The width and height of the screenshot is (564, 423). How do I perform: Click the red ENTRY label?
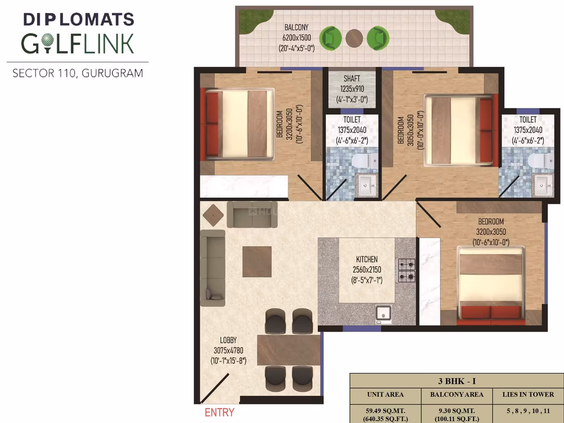point(219,412)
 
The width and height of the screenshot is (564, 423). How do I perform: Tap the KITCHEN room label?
point(367,259)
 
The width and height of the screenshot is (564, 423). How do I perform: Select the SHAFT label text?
point(352,78)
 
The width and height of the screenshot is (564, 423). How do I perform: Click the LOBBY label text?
point(228,340)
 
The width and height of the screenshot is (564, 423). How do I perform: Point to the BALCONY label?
point(297,27)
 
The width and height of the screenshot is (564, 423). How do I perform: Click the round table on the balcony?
point(354,38)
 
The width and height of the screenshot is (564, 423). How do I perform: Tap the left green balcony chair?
point(331,38)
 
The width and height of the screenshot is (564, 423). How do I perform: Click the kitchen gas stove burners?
point(406,270)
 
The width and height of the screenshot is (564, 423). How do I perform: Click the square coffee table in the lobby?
point(257,262)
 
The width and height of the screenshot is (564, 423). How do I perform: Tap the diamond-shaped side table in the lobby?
point(213,215)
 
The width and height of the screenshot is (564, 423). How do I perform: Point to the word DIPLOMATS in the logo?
point(79,19)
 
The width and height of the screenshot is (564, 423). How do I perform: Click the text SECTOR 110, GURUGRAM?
point(78,73)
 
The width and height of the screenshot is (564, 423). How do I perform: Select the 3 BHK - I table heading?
point(457,381)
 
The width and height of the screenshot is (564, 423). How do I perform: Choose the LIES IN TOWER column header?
point(528,395)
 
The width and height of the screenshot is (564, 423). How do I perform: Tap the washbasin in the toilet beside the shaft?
point(366,185)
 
